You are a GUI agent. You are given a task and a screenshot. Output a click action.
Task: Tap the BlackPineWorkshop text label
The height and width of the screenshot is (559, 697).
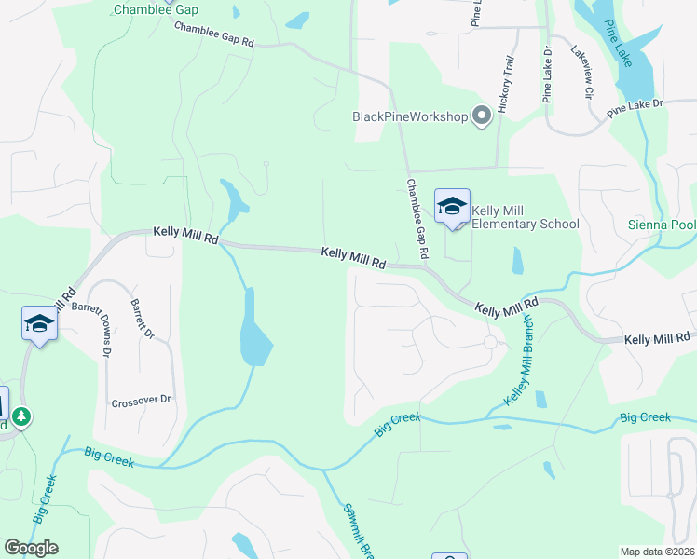[x=409, y=116]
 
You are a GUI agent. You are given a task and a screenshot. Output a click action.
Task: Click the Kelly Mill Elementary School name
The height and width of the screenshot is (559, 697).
[x=526, y=217]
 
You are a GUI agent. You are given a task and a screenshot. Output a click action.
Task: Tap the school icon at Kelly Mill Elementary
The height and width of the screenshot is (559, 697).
[x=452, y=207]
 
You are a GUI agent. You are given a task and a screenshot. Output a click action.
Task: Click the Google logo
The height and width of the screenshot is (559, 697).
[x=32, y=548]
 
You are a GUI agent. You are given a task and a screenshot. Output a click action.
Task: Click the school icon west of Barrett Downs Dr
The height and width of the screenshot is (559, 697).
[x=39, y=324]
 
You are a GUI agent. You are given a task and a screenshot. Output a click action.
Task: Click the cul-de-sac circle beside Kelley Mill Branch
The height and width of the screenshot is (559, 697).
[x=490, y=343]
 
